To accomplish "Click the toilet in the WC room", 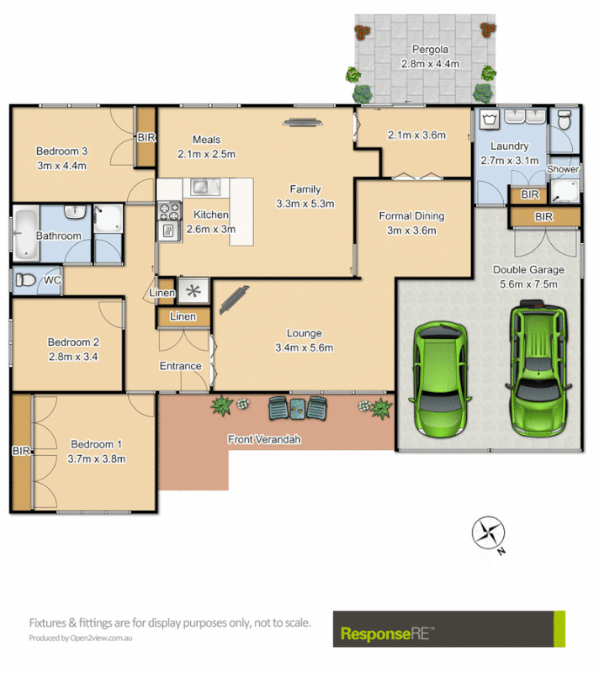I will tap(25, 280).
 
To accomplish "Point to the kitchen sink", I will tap(201, 187).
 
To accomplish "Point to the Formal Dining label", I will tap(411, 216).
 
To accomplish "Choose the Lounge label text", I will tap(304, 333).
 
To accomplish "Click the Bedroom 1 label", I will tap(97, 444).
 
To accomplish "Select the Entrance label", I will tap(181, 366).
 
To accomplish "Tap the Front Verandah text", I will tap(264, 439).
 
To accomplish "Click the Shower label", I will tap(563, 169).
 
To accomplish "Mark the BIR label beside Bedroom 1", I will tap(20, 451).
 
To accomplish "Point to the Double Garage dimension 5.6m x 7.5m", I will tap(527, 284).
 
